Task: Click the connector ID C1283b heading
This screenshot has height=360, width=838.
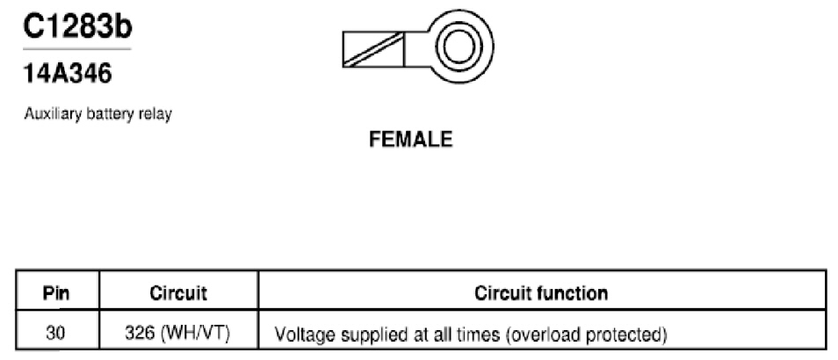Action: pos(77,26)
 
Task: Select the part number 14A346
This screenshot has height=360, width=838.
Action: pos(68,73)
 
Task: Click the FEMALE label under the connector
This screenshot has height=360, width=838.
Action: pos(410,140)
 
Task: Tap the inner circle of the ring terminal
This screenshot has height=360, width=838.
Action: pos(459,47)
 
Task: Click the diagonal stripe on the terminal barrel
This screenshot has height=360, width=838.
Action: pos(373,50)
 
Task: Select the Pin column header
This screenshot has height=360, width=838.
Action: pos(56,293)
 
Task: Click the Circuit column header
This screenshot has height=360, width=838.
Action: pos(178,293)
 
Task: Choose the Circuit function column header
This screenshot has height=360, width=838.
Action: pos(541,293)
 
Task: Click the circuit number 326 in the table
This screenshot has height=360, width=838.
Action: pos(139,334)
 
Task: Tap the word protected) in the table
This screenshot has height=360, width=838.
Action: pos(626,335)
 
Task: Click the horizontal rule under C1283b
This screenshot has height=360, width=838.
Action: pos(77,49)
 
